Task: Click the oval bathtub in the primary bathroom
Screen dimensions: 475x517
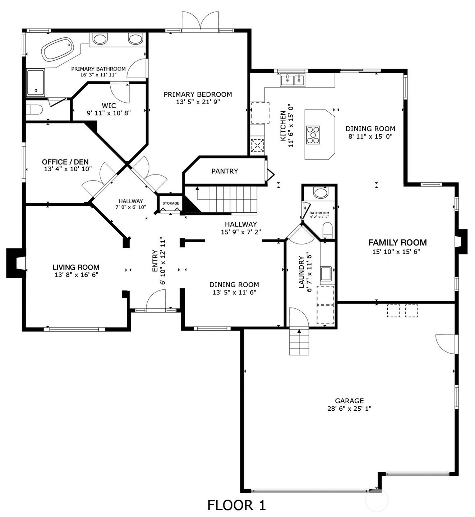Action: (x=58, y=49)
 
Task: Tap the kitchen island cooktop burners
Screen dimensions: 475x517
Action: (x=313, y=135)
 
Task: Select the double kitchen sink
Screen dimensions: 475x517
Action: (x=292, y=80)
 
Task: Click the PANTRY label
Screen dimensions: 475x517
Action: (x=225, y=171)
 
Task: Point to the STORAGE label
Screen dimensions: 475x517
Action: (x=171, y=203)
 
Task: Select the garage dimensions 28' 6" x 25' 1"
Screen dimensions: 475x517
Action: (x=349, y=409)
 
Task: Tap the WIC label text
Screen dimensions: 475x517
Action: (x=109, y=106)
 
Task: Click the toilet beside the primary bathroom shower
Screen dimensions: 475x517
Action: (x=34, y=110)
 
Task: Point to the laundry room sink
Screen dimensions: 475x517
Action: (x=326, y=274)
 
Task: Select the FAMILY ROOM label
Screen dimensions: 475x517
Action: (x=398, y=242)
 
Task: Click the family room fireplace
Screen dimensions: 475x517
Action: (x=461, y=242)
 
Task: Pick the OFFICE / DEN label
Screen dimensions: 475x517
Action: (x=65, y=162)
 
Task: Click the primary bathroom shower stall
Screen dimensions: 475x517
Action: (x=36, y=83)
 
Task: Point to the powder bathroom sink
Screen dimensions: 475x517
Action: (x=320, y=193)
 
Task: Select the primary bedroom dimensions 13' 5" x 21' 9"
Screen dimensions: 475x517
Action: (x=198, y=102)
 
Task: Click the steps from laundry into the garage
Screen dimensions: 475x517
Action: (x=299, y=342)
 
